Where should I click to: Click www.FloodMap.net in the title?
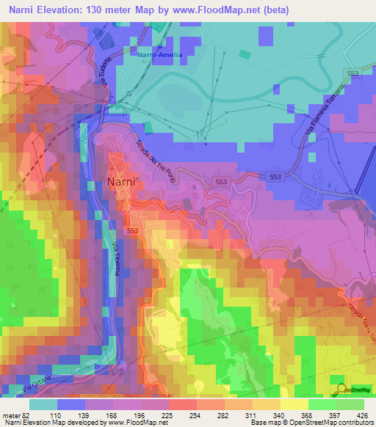(225, 10)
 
